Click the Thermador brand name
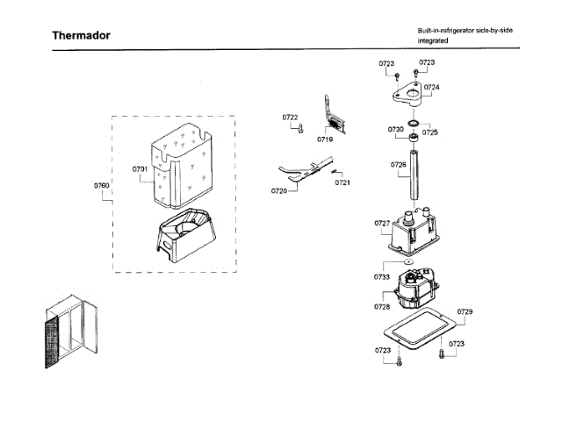tap(81, 36)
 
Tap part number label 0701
tap(140, 168)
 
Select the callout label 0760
tap(101, 186)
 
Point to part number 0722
tap(290, 118)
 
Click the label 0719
tap(325, 139)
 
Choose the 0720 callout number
tap(279, 190)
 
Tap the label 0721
tap(342, 182)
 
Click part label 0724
tap(431, 88)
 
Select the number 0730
tap(396, 129)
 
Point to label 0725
tap(429, 132)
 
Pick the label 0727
tap(383, 224)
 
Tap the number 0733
tap(381, 277)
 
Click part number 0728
tap(381, 307)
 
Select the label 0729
tap(465, 313)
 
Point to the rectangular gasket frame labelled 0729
tap(418, 334)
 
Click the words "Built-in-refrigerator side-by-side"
tap(465, 31)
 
